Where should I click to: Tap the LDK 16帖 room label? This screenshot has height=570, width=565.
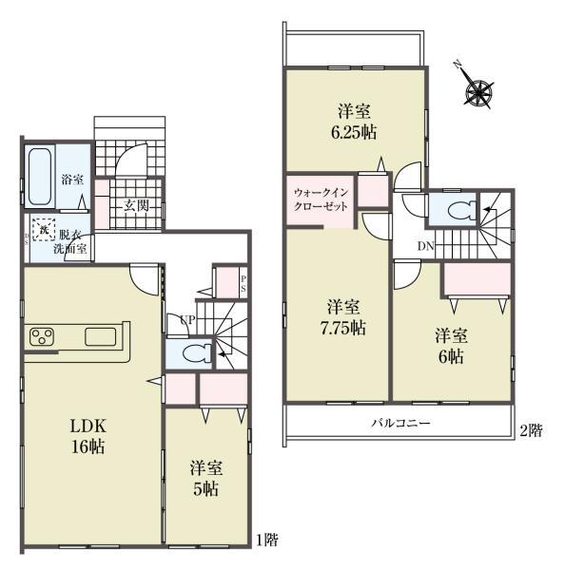pos(86,435)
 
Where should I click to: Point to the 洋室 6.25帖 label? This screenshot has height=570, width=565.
pos(352,119)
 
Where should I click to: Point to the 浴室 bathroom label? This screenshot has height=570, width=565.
pos(72,179)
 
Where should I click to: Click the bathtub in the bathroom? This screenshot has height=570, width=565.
pos(40,177)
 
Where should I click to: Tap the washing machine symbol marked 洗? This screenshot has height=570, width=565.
pos(42,229)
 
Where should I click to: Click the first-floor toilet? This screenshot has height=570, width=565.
pos(195,354)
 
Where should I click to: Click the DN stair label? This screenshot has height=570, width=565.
pos(427,249)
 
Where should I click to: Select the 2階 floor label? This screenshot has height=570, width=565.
pos(531,429)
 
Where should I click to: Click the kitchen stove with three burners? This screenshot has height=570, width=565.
pos(44,335)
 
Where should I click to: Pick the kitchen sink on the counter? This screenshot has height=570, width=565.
pos(99,335)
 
